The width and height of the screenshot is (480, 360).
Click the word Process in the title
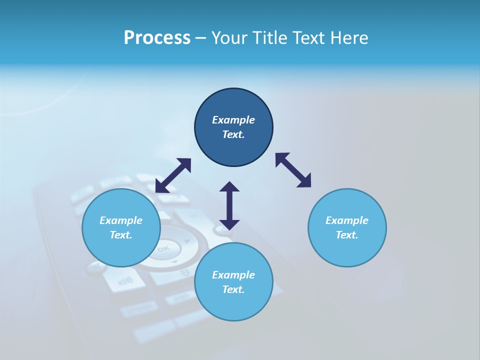[x=157, y=38]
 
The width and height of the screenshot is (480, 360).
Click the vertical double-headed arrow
[x=229, y=205]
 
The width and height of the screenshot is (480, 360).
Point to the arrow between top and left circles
[x=173, y=175]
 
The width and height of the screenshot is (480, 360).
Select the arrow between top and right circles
[x=293, y=170]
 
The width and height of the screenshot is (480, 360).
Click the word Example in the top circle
[x=233, y=120]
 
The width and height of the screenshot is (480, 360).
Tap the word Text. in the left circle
[x=121, y=235]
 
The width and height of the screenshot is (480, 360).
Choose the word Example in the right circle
[x=347, y=220]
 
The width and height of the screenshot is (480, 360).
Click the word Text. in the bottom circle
[x=233, y=289]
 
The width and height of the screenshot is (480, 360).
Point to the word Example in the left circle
[x=121, y=220]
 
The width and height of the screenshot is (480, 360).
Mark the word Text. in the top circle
[x=233, y=134]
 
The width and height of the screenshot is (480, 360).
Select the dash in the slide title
[x=201, y=38]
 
